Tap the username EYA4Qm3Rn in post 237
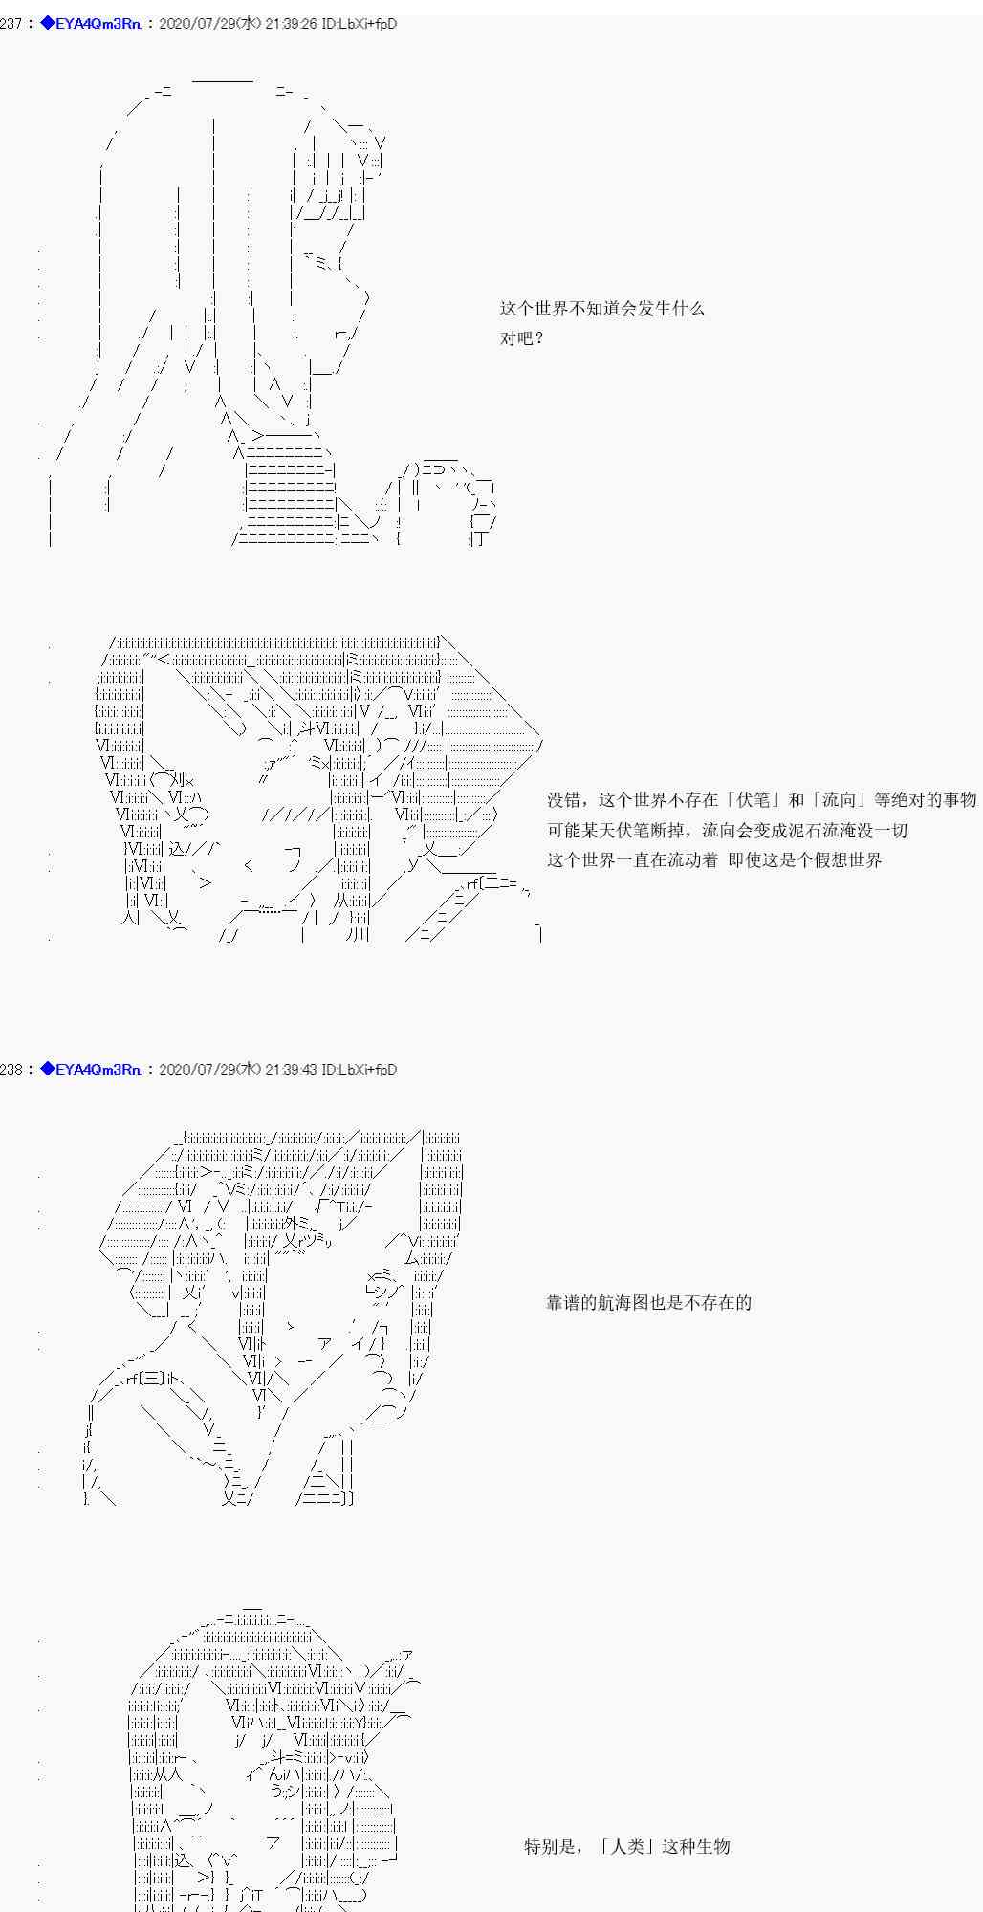coord(99,24)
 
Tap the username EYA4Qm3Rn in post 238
coord(99,1070)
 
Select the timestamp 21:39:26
coord(290,24)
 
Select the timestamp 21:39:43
coord(291,1070)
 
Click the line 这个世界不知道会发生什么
coord(601,309)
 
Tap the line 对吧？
coord(522,338)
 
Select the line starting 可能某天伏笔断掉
coord(727,830)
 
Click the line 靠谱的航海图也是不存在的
coord(648,1302)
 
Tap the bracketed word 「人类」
coord(630,1846)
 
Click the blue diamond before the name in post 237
coord(48,24)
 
